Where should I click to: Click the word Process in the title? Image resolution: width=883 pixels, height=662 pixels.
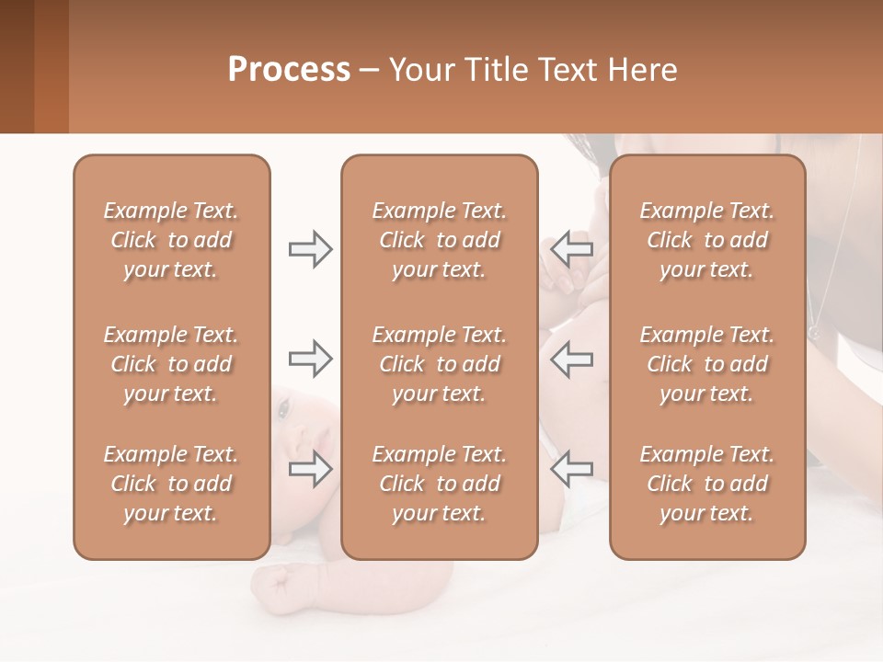(289, 70)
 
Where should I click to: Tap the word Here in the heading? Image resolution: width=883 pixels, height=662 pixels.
(641, 70)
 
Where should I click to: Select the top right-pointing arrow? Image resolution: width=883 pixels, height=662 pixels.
(310, 249)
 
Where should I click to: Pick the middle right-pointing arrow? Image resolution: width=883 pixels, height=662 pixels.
(310, 359)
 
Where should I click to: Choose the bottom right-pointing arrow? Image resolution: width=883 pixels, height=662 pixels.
(310, 469)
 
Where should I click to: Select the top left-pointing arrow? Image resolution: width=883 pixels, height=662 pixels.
(571, 249)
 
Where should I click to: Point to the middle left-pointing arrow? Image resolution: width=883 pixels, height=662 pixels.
(571, 359)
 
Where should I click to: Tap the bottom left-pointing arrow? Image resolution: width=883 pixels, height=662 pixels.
(571, 469)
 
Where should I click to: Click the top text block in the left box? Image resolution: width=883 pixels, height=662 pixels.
(171, 240)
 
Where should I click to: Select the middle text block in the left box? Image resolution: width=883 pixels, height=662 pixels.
(171, 364)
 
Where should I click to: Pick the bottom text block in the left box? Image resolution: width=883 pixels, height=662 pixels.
(171, 484)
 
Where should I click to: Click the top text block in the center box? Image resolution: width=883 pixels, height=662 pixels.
(439, 240)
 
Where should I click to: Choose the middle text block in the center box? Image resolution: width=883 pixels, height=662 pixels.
(439, 364)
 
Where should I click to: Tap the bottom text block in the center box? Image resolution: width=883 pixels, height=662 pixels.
(439, 484)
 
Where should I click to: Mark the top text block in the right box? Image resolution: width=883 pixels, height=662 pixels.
(706, 240)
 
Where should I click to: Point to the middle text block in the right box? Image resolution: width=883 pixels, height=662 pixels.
(706, 364)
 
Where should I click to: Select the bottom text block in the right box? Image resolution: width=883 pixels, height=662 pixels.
(706, 484)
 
